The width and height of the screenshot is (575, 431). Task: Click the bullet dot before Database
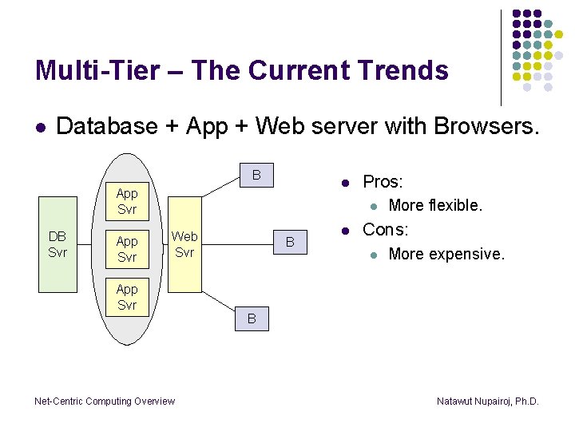click(x=40, y=127)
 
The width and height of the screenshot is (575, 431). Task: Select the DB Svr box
click(x=57, y=244)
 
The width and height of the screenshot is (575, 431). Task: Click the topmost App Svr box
click(x=127, y=201)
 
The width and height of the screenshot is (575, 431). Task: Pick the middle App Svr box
click(x=127, y=249)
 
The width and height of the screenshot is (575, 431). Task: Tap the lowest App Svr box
click(x=127, y=297)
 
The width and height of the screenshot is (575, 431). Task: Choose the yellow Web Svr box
click(x=184, y=244)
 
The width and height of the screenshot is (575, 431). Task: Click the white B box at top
click(x=256, y=175)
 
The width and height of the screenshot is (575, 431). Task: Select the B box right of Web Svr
click(x=290, y=242)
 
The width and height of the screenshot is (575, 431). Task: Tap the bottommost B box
click(x=251, y=319)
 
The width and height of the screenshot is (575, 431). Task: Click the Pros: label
click(x=383, y=182)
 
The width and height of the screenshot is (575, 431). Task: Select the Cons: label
click(x=385, y=230)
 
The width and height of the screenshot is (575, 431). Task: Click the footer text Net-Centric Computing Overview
click(x=105, y=401)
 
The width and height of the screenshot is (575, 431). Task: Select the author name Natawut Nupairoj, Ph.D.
click(x=488, y=401)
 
